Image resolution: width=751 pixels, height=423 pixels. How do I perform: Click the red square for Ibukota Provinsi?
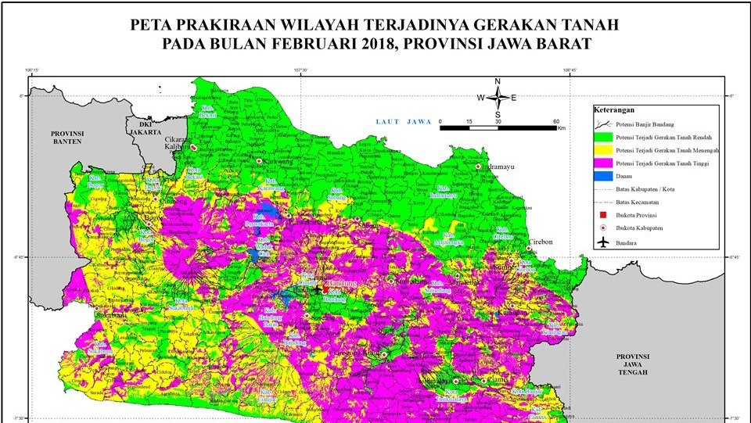pos(602,215)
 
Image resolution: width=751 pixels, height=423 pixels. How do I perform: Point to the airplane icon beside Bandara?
pos(602,242)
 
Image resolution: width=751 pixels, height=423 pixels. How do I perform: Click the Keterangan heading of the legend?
pos(614,110)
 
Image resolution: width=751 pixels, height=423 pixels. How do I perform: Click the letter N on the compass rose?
pos(498,81)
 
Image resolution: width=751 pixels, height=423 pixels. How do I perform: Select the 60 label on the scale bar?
pos(556,121)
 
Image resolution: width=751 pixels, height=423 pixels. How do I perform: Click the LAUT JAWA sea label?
pos(404,121)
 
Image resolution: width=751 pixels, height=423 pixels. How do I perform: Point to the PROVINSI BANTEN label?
pos(67,138)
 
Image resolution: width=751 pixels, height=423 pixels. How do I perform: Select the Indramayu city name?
pos(505,167)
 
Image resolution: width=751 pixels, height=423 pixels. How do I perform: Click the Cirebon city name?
pos(538,242)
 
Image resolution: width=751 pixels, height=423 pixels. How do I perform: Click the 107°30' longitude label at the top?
pos(300,70)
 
